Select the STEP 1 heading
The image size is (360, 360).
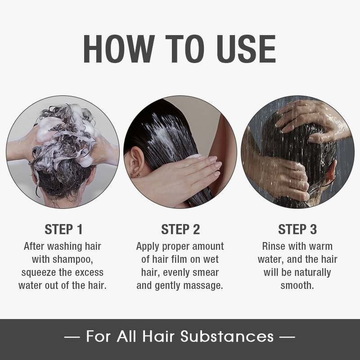click(63, 229)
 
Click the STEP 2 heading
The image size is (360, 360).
click(180, 229)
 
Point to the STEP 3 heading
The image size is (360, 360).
click(297, 229)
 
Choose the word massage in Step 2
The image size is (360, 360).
click(202, 286)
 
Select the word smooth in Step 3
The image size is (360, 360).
click(297, 286)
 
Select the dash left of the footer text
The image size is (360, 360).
click(72, 337)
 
